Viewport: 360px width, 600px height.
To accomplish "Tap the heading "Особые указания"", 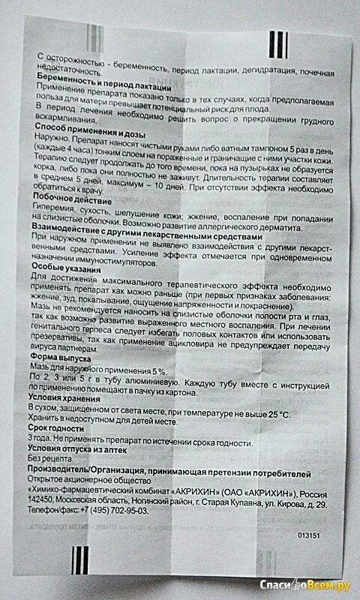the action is pyautogui.click(x=66, y=268).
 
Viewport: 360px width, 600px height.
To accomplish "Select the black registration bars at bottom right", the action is pyautogui.click(x=277, y=560).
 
